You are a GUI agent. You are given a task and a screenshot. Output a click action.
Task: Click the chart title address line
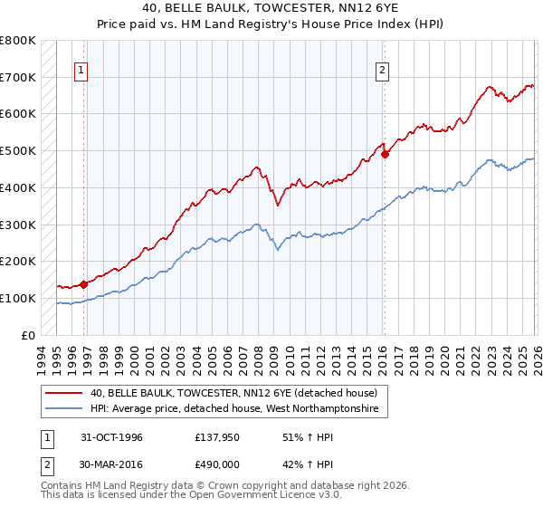click(x=271, y=7)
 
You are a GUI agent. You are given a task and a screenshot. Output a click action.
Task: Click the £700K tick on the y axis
click(x=18, y=77)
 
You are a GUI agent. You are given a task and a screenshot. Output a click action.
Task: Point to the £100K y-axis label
click(x=18, y=298)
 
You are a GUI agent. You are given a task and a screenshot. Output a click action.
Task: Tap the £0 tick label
click(x=29, y=335)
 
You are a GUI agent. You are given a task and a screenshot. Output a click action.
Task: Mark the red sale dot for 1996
click(x=84, y=283)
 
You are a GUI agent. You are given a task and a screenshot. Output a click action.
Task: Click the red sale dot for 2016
click(x=385, y=154)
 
